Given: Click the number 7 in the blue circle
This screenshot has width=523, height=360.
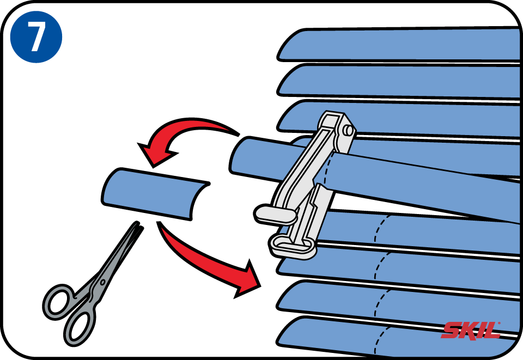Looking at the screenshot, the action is click(36, 36).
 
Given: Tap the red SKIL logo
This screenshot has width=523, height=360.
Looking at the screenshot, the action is click(471, 331).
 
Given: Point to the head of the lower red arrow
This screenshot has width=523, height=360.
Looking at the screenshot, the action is click(248, 279).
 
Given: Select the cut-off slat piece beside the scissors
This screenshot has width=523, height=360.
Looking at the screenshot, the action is click(155, 194).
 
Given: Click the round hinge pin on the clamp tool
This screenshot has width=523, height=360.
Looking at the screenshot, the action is click(348, 130).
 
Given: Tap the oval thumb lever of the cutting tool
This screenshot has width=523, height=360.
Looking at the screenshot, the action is click(276, 213).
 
